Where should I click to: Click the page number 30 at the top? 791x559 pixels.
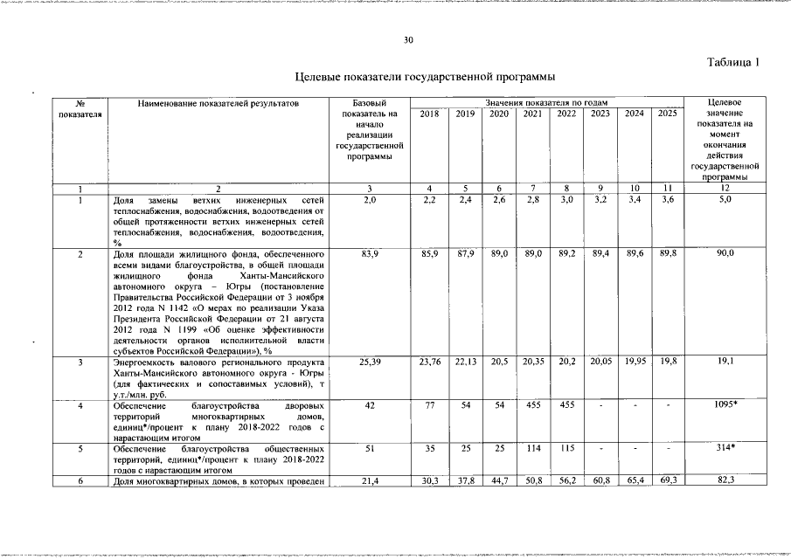pos(408,40)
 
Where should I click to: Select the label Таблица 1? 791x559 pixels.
pos(733,62)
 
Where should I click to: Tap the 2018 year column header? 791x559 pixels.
pos(429,114)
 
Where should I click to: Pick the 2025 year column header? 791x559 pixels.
pos(667,114)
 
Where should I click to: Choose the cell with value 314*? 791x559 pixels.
pos(725,448)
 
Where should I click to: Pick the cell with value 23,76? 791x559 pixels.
pos(429,362)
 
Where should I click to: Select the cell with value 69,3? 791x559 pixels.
pos(667,481)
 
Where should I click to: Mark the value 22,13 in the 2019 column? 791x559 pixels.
pos(464,362)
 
